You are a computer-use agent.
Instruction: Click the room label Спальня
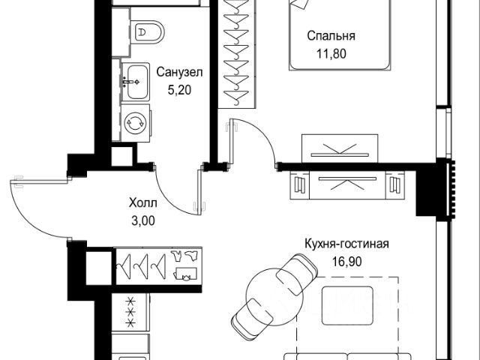[x=331, y=35]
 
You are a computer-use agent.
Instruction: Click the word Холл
[x=142, y=203]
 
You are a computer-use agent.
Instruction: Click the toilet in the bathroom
[x=148, y=32]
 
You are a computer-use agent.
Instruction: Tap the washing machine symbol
[x=136, y=122]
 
